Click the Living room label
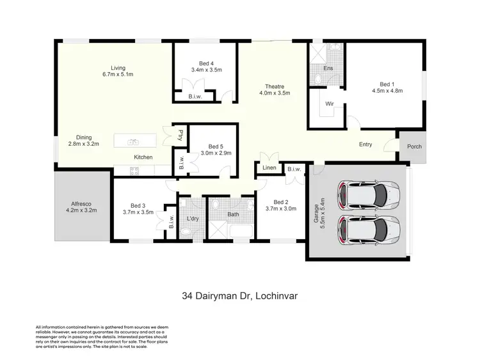pyautogui.click(x=117, y=68)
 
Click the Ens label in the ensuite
pyautogui.click(x=328, y=68)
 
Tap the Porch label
pyautogui.click(x=415, y=146)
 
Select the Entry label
pyautogui.click(x=365, y=145)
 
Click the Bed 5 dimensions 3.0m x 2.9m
pyautogui.click(x=216, y=153)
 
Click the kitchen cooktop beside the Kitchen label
pyautogui.click(x=134, y=170)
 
